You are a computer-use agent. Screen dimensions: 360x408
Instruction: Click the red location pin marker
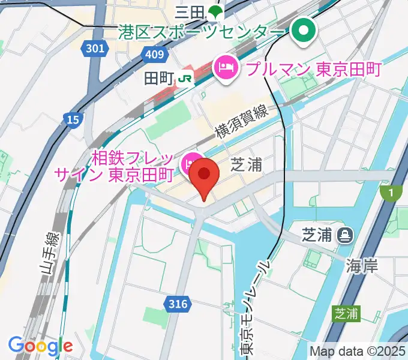click(205, 175)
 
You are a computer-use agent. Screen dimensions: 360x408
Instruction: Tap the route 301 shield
click(94, 49)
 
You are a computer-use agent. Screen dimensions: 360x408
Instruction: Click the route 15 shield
click(73, 120)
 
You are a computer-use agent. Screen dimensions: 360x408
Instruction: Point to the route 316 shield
click(178, 305)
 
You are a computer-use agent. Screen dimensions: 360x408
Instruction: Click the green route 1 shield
click(391, 193)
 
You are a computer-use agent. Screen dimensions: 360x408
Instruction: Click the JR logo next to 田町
click(185, 78)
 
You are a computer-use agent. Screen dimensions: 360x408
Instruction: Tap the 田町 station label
click(159, 78)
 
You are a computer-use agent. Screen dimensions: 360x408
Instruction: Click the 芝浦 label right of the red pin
click(247, 164)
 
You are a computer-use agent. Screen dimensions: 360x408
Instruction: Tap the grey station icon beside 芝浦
click(345, 235)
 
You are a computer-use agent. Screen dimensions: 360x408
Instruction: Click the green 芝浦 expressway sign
click(347, 313)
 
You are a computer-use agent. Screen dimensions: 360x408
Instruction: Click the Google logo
click(41, 346)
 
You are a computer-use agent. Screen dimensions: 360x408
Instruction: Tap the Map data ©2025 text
click(356, 350)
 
